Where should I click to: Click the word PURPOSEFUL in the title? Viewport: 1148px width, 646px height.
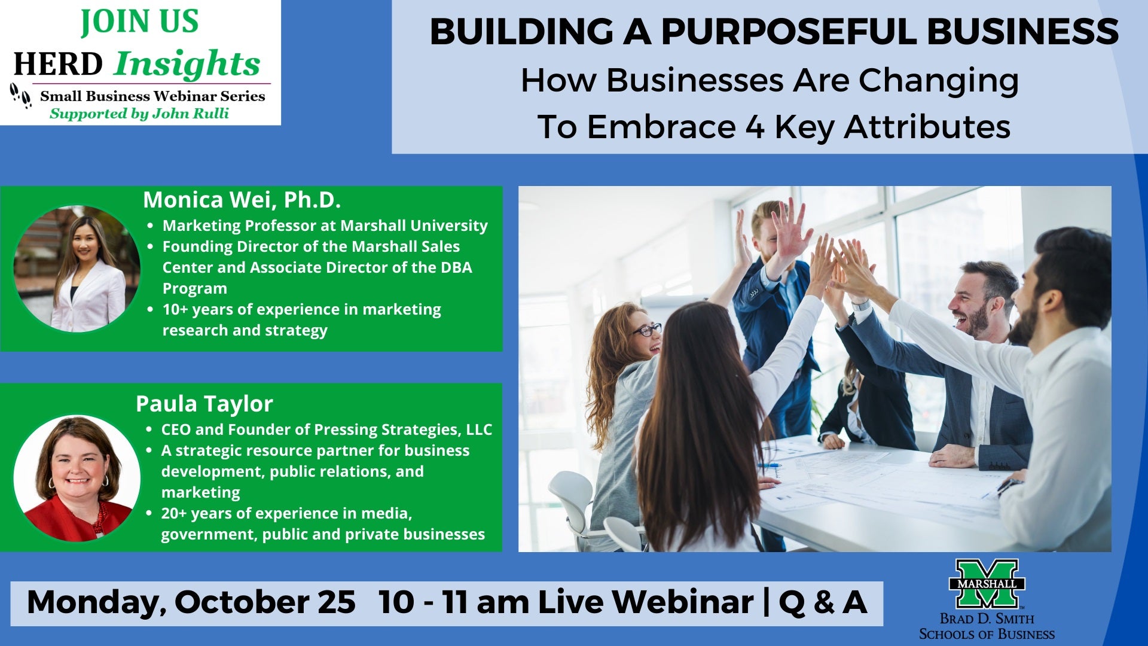[x=788, y=32]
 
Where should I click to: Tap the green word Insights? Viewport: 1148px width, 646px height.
[x=187, y=64]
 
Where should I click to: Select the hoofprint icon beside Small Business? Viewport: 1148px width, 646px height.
[x=21, y=95]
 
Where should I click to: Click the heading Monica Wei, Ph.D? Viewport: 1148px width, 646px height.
[x=242, y=200]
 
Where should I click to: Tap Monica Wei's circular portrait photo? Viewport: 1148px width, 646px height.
[x=77, y=269]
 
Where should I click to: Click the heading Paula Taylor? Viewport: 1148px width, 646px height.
[x=204, y=404]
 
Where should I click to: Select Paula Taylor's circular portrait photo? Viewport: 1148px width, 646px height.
[x=77, y=478]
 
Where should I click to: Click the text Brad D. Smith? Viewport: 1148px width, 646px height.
[x=987, y=618]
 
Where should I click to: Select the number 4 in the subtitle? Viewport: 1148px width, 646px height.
[x=755, y=127]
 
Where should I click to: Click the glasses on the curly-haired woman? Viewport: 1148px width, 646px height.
[x=648, y=330]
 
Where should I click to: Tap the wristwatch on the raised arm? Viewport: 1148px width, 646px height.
[x=861, y=305]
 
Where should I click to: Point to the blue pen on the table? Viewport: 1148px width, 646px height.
[x=770, y=465]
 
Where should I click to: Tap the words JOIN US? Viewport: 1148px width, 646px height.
[x=140, y=22]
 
